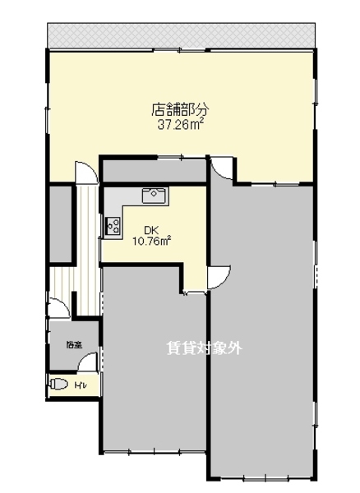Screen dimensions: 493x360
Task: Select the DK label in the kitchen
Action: click(x=150, y=229)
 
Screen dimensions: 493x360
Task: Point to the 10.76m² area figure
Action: click(x=151, y=242)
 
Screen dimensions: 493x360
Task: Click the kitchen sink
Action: click(x=154, y=196)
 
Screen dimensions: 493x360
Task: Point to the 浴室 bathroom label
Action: click(x=74, y=344)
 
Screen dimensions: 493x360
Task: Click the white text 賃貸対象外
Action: click(x=205, y=348)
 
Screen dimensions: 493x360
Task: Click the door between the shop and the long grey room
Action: click(x=221, y=169)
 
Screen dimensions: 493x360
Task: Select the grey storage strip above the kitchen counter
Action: click(x=153, y=170)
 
